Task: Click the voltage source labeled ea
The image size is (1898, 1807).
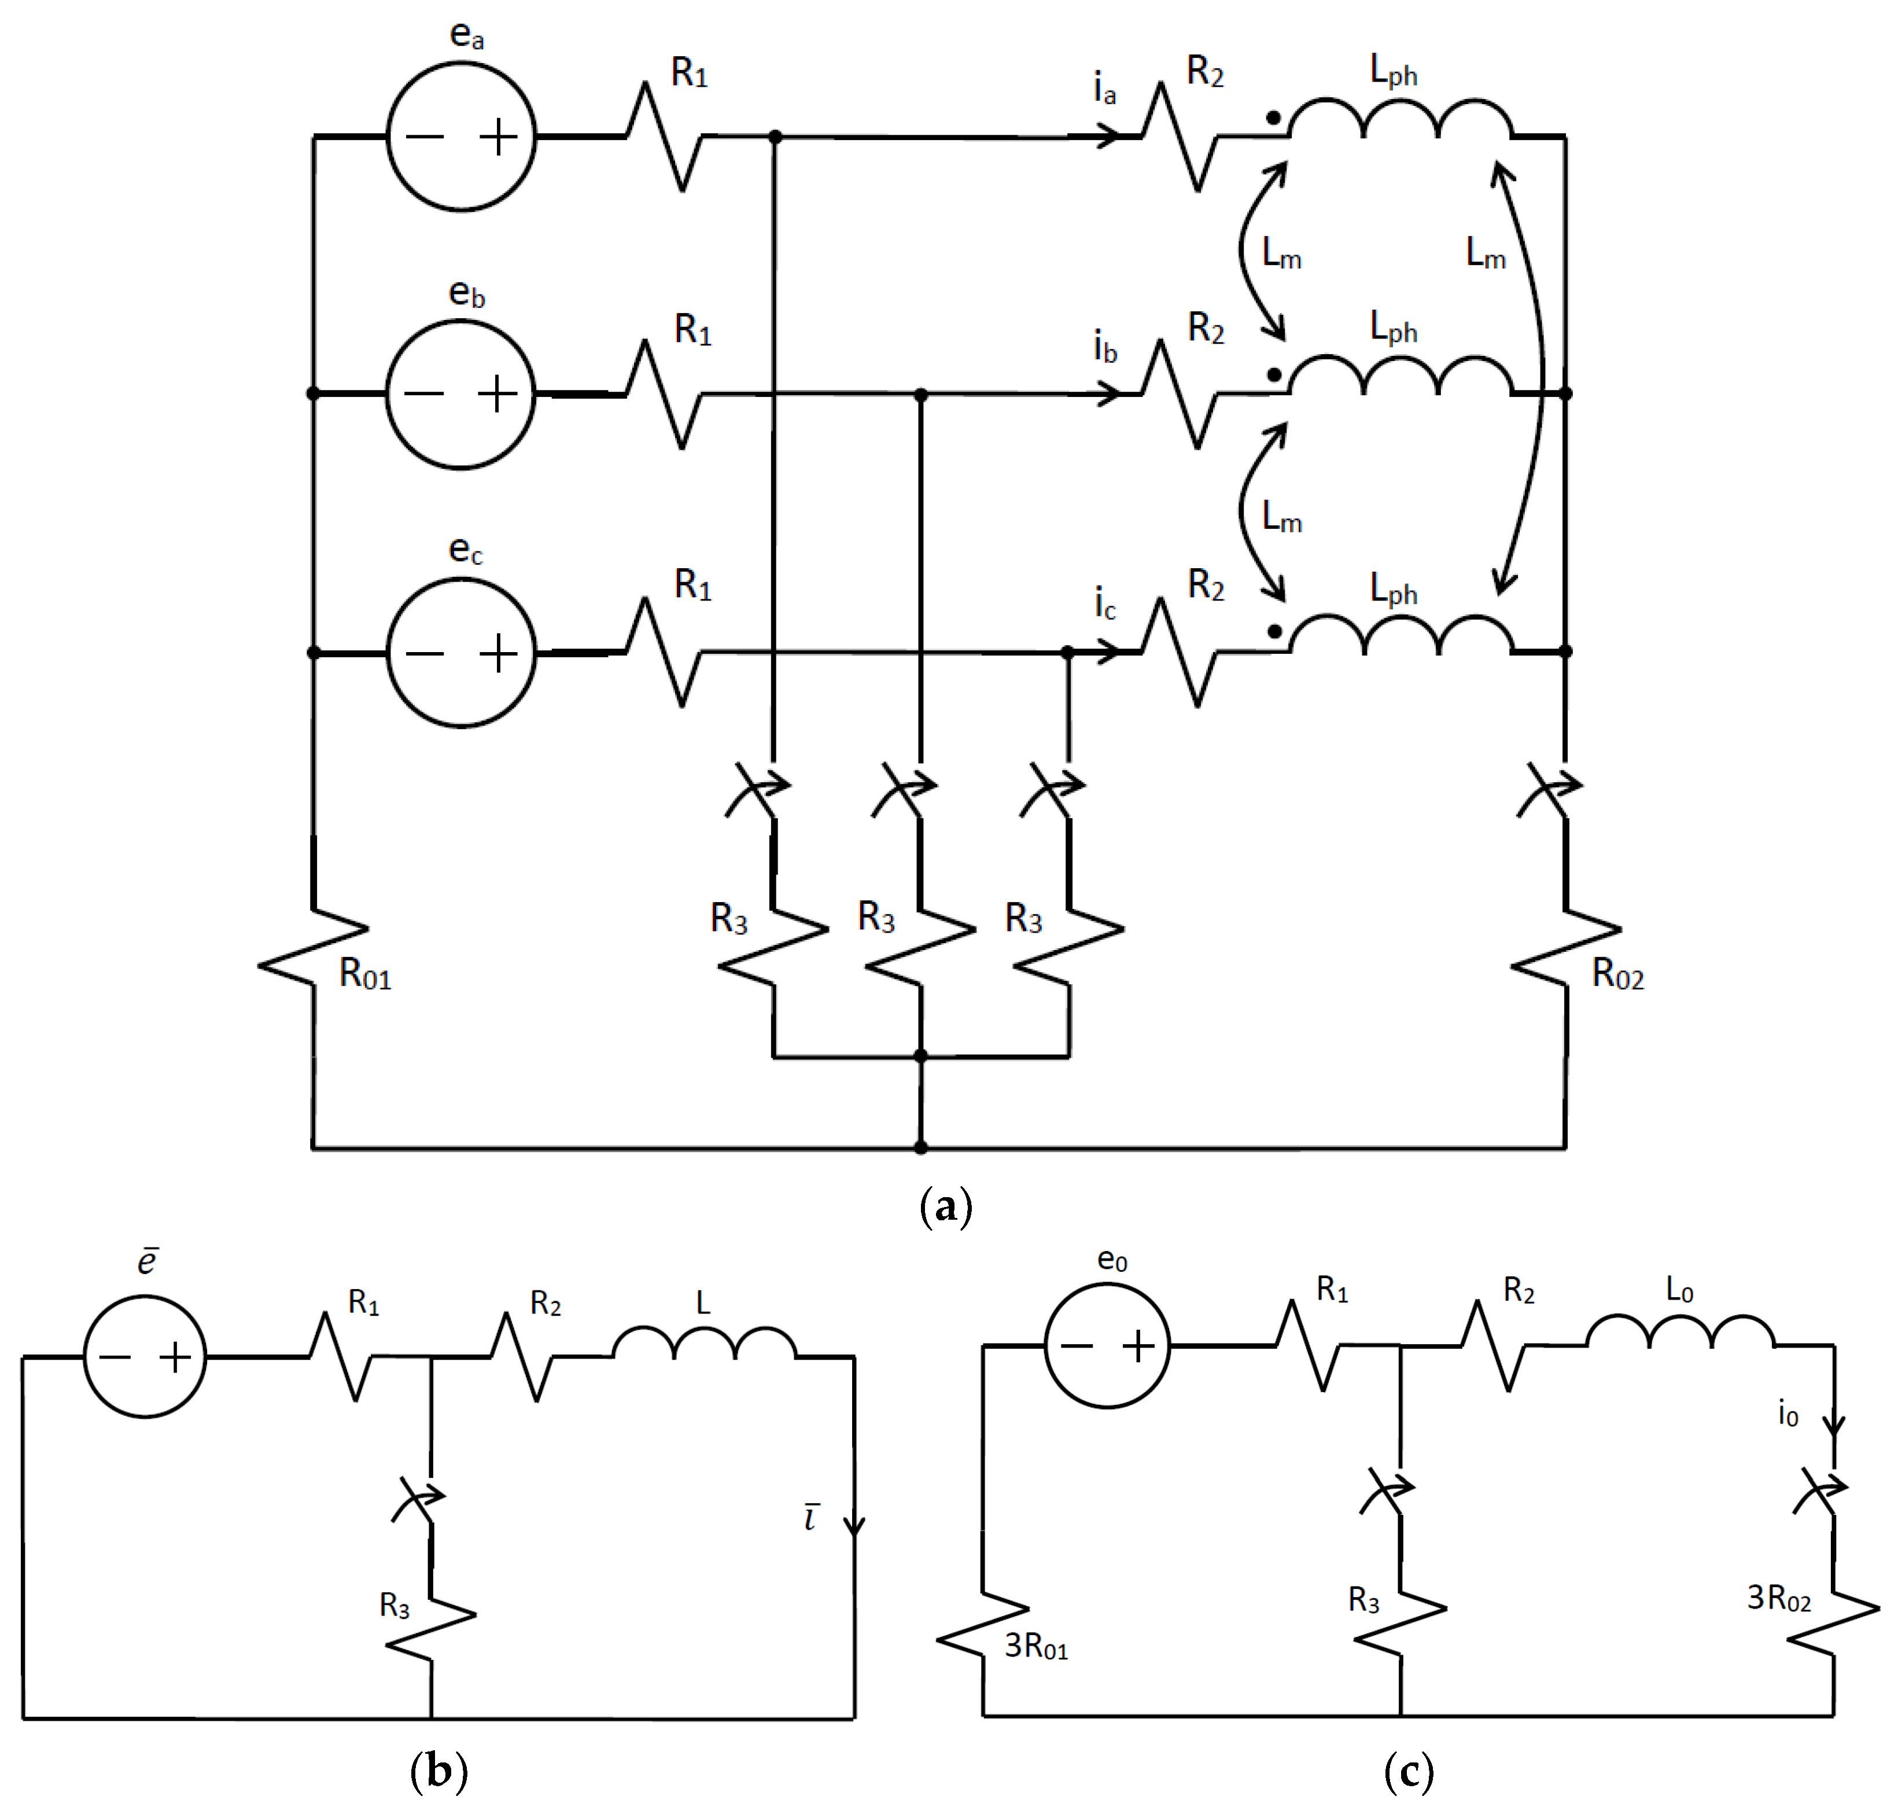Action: pos(460,137)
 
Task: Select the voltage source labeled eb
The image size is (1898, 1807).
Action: pos(460,394)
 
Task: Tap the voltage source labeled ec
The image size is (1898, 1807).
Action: pos(460,653)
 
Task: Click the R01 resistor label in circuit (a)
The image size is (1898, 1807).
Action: pos(365,976)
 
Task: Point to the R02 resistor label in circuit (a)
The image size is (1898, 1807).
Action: pos(1618,975)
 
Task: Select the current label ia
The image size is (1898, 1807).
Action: pos(1104,90)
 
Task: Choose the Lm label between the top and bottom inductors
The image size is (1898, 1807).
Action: pos(1485,254)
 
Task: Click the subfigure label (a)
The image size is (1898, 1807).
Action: pos(946,1206)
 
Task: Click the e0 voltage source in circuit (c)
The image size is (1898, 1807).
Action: pos(1107,1346)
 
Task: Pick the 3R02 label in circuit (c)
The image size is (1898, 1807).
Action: pos(1779,1598)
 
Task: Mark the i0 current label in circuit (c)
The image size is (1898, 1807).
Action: pos(1788,1414)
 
